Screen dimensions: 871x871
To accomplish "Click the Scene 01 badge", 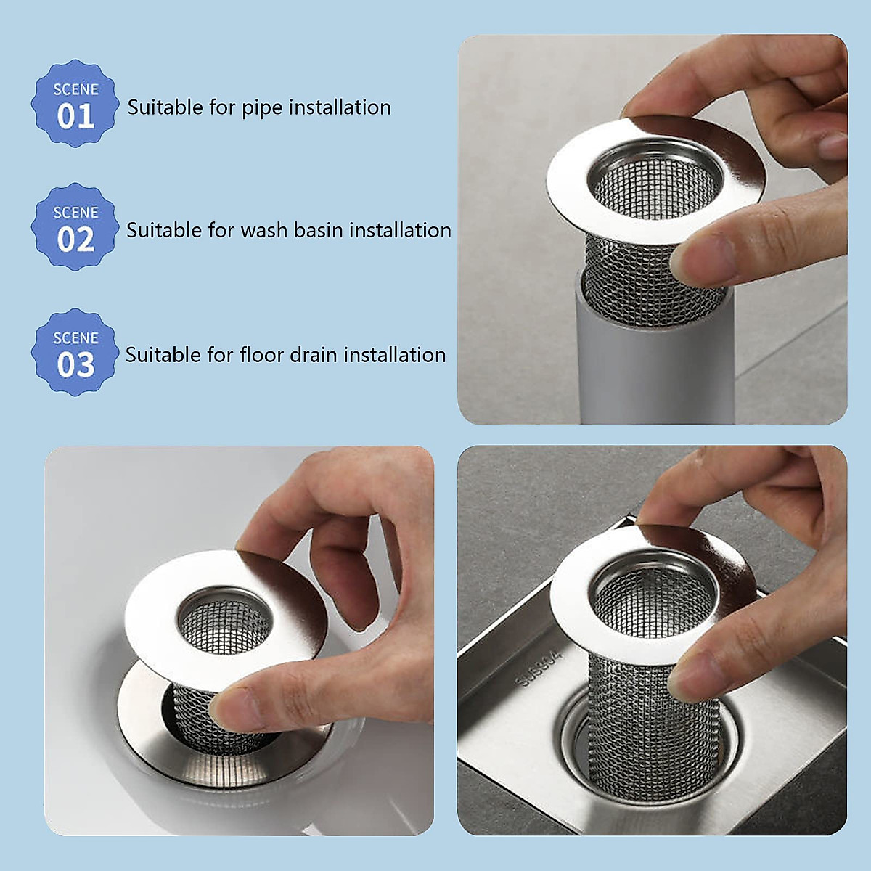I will pyautogui.click(x=75, y=104).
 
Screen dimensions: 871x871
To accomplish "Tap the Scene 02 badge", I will pyautogui.click(x=75, y=227).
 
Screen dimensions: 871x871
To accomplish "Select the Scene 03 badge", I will pyautogui.click(x=75, y=353).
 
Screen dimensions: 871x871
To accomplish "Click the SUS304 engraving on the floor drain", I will pyautogui.click(x=538, y=669).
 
